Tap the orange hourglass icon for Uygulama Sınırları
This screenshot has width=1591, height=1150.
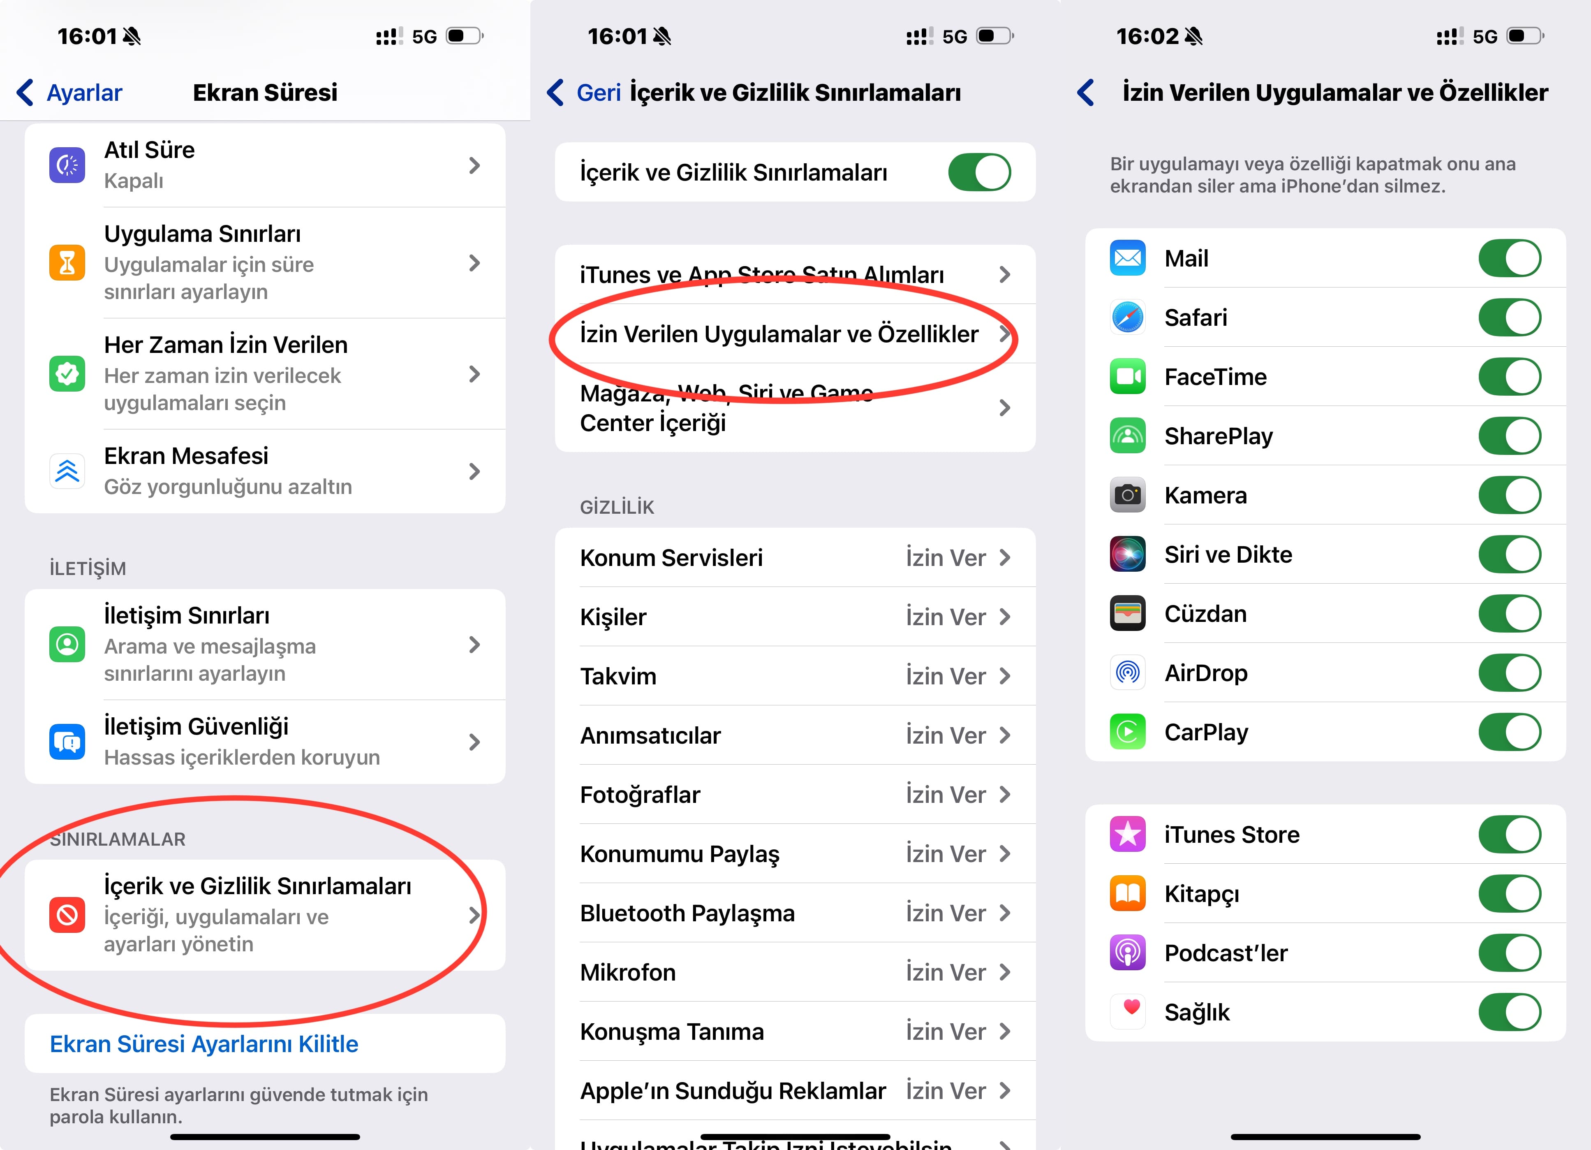coord(67,263)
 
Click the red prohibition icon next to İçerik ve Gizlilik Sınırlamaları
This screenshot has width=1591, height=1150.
coord(67,915)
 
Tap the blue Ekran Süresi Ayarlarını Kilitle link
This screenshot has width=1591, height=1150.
coord(204,1044)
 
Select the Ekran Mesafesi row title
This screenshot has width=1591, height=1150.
coord(186,456)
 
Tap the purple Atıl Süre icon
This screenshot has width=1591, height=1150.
coord(67,165)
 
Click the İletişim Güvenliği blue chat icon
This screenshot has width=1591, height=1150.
coord(67,742)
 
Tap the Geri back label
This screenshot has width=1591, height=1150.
coord(599,93)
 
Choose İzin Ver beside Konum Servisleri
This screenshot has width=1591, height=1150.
coord(946,558)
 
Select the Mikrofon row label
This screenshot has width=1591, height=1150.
coord(628,972)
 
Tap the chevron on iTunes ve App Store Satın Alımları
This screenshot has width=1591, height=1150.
coord(1004,274)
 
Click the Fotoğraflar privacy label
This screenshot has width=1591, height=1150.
coord(640,795)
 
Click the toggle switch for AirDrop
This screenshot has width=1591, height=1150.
coord(1510,673)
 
